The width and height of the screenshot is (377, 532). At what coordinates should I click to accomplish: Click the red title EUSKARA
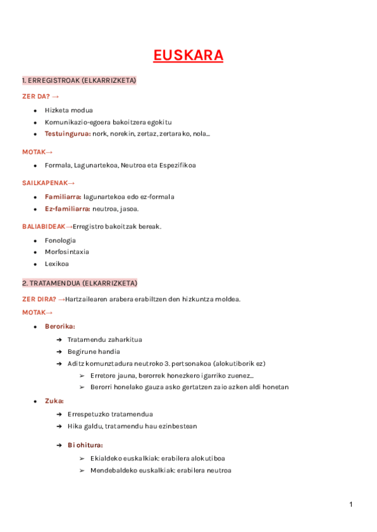(188, 56)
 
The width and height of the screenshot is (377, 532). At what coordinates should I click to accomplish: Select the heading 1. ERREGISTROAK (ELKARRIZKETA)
(79, 81)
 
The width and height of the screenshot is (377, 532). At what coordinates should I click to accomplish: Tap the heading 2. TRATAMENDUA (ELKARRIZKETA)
(79, 283)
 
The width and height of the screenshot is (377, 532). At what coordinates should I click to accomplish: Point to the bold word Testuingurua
(67, 134)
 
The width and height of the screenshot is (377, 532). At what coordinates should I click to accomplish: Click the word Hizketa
(57, 110)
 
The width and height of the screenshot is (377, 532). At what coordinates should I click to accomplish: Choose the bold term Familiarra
(62, 196)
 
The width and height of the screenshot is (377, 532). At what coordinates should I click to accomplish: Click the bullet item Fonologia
(60, 240)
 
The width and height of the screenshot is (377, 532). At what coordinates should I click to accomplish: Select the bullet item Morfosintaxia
(67, 252)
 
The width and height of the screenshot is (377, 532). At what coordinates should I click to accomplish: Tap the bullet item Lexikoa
(57, 263)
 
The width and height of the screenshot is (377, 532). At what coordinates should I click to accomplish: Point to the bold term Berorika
(60, 326)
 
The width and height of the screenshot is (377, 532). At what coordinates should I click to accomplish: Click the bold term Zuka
(54, 400)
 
